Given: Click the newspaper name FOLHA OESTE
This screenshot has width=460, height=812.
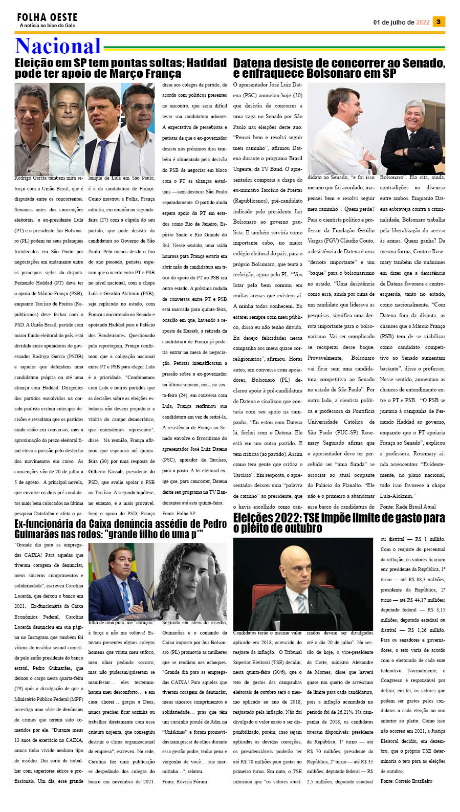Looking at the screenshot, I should click(x=47, y=17).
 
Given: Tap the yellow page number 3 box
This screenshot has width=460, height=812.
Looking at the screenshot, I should click(x=438, y=21).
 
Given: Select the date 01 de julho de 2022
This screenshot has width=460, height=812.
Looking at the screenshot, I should click(x=401, y=22).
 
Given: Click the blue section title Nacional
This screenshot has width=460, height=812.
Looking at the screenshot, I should click(x=58, y=46).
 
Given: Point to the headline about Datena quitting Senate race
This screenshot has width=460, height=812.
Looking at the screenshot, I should click(x=339, y=68).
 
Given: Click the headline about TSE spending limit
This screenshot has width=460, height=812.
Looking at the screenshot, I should click(x=339, y=522).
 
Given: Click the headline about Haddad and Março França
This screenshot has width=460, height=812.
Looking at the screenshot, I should click(x=120, y=68).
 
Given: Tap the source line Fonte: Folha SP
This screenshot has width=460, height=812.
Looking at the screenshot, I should click(x=179, y=513).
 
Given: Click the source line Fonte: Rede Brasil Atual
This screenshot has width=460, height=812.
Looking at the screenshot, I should click(x=408, y=506).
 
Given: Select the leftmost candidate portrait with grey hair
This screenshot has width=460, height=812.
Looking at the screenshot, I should click(x=31, y=129).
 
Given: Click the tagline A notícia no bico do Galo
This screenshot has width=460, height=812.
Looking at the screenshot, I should click(x=48, y=26).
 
